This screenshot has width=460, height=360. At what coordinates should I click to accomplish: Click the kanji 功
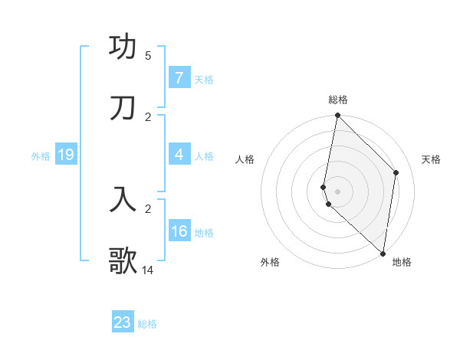123,48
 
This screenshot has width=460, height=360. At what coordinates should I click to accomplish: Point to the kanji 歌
123,260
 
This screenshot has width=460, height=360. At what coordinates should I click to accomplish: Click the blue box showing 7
179,78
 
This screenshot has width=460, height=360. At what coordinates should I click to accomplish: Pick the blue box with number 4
179,155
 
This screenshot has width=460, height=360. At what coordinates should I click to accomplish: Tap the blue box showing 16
179,231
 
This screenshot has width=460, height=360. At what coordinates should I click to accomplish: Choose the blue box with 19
66,155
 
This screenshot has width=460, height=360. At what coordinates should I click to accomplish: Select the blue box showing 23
123,322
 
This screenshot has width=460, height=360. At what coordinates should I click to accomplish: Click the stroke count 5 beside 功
148,56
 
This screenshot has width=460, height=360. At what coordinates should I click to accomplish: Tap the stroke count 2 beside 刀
148,116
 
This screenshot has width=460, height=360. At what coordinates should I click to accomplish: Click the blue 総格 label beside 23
147,324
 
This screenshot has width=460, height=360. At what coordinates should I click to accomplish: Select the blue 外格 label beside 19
41,155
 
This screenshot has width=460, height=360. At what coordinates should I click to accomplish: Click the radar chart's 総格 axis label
338,100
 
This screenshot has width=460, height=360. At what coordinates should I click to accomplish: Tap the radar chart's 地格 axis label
402,262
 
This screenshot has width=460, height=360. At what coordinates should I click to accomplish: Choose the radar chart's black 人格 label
245,159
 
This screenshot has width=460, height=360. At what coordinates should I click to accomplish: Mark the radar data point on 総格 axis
337,116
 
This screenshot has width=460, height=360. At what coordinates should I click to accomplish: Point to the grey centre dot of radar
337,191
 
